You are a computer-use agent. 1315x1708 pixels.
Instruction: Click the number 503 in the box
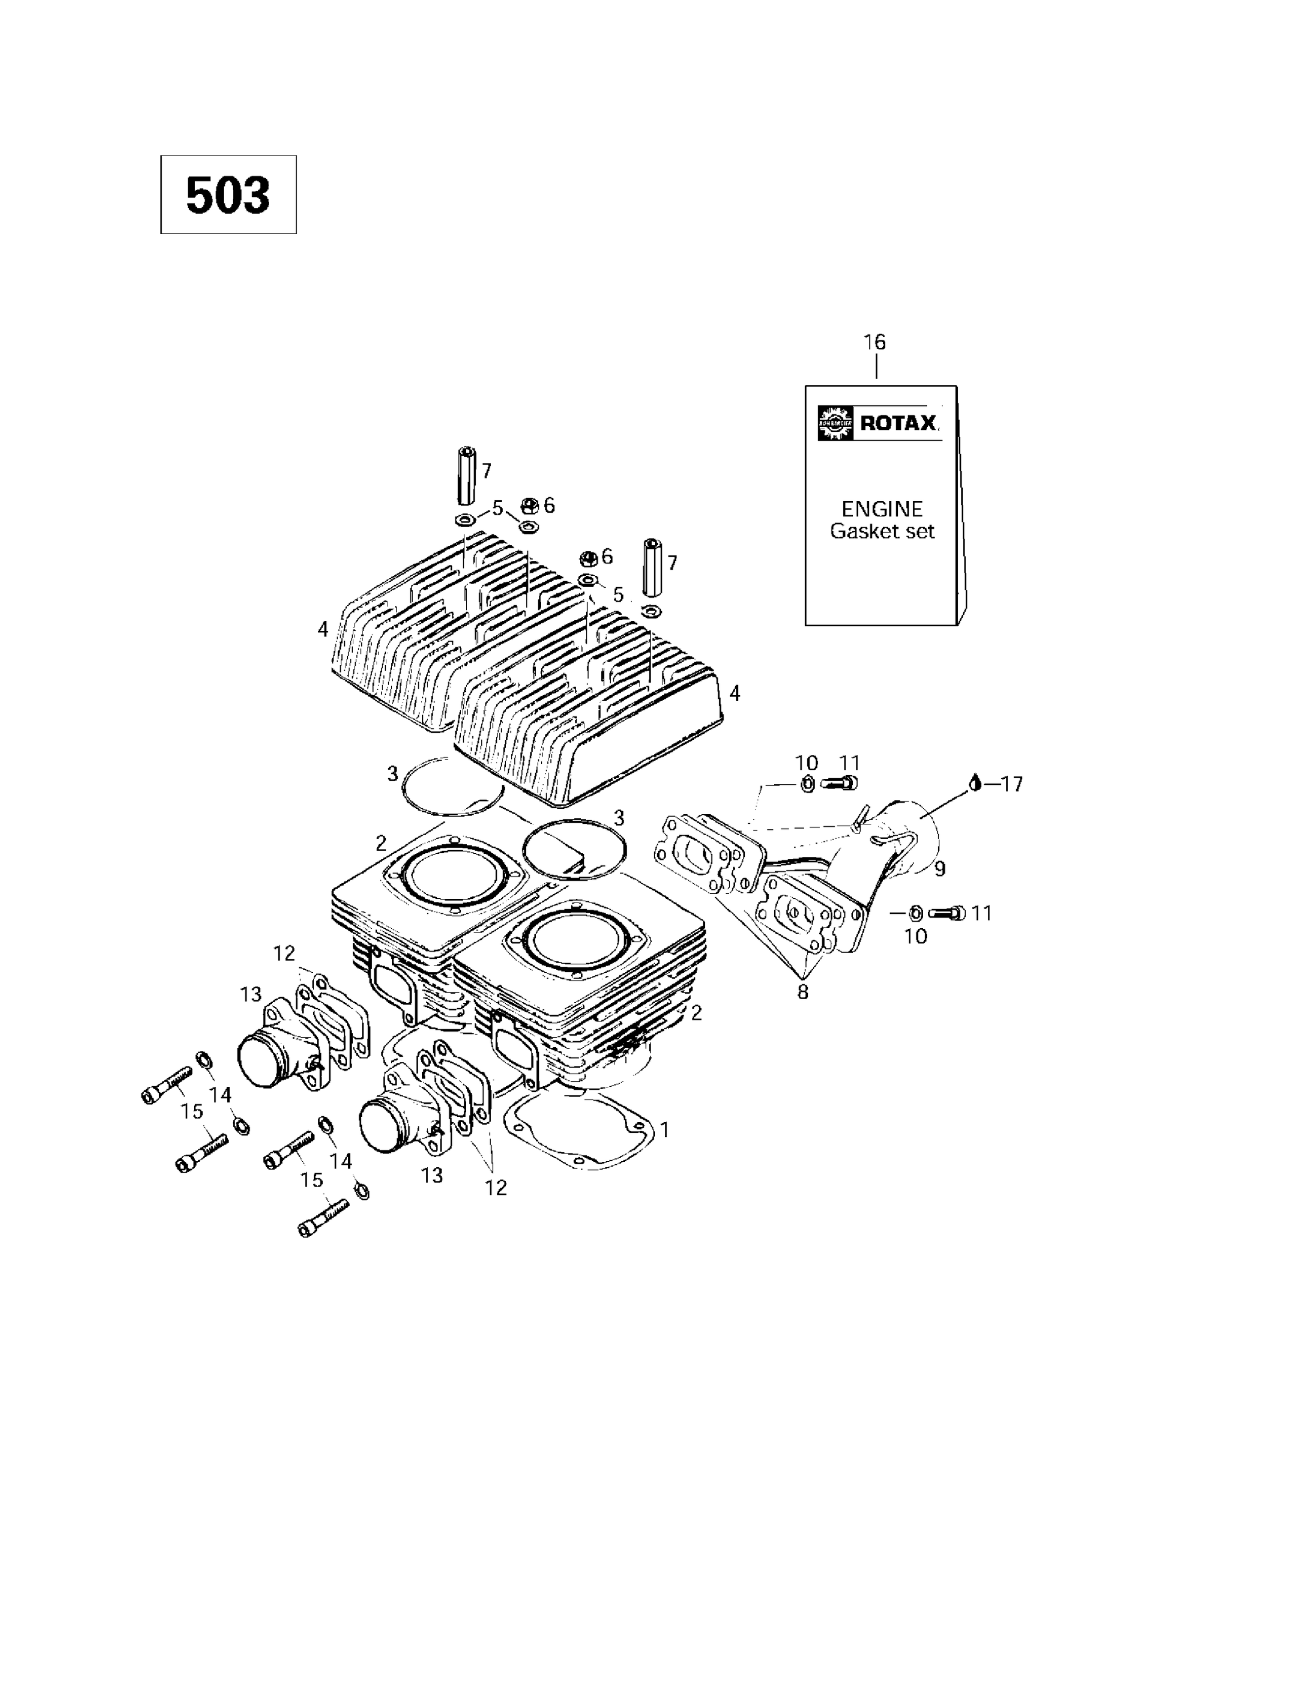coord(228,195)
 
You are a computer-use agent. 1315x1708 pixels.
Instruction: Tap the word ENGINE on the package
coord(881,509)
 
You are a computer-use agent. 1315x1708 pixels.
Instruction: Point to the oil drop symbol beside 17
coord(974,782)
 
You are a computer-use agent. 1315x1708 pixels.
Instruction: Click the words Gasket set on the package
coord(881,531)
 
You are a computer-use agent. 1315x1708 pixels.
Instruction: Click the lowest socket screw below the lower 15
coord(323,1218)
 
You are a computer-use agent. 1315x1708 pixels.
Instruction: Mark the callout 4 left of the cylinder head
coord(323,628)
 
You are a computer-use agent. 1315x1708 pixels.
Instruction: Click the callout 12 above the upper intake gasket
coord(284,952)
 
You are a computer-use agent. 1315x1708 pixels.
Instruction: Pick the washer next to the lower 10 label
coord(916,913)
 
